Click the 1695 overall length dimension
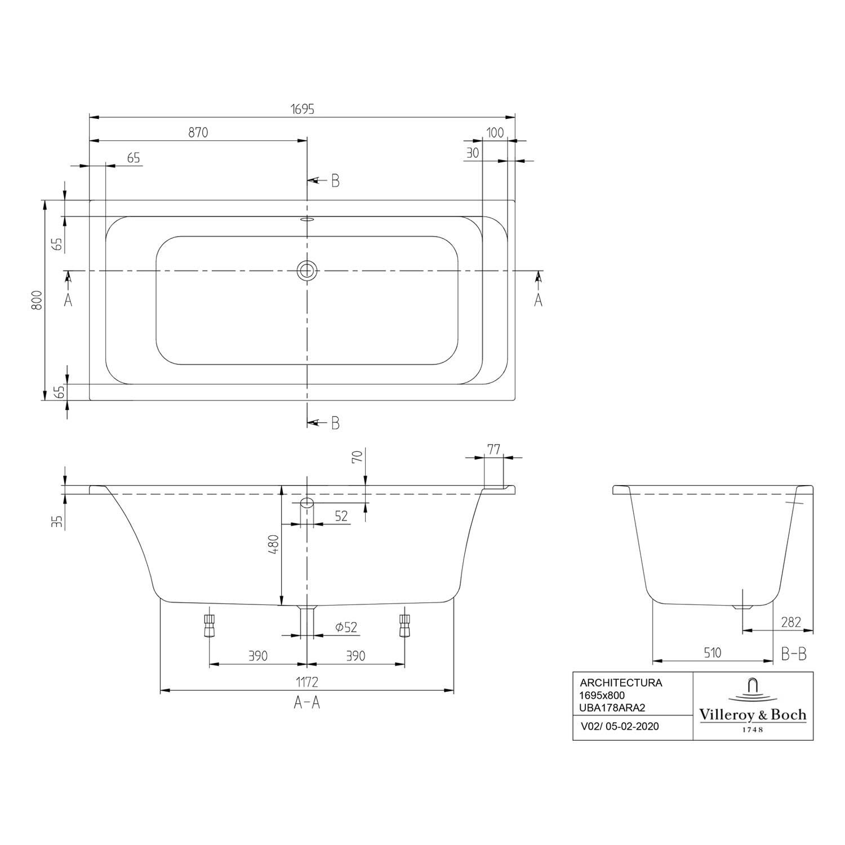coord(303,109)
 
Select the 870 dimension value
coord(198,133)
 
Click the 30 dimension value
coord(473,153)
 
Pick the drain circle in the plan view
coord(307,270)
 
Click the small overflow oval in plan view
coord(307,220)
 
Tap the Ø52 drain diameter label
coord(346,627)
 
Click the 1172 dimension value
coord(307,682)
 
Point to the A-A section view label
coord(307,702)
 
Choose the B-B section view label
coord(794,654)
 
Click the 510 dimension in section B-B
coord(712,653)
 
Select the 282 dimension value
coord(791,622)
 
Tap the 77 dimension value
coord(493,450)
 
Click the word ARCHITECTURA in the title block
coord(621,683)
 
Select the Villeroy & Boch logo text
coord(753,715)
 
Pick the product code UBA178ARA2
coord(613,708)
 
